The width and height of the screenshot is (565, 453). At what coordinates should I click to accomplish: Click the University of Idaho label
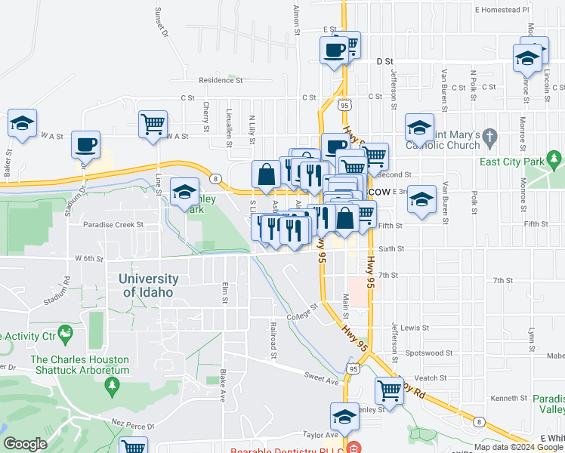tap(149, 285)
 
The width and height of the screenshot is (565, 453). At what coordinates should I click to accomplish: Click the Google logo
tap(25, 445)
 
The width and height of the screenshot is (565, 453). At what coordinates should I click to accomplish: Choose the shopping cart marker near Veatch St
tap(389, 390)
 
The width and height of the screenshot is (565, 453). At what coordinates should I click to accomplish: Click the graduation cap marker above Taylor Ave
tap(344, 416)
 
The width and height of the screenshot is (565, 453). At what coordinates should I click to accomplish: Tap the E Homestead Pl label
tap(502, 10)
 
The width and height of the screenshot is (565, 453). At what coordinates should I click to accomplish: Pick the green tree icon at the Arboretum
tap(113, 387)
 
